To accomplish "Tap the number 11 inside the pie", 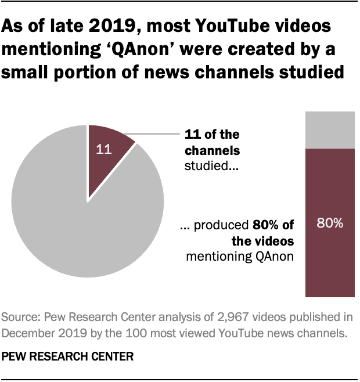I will click(x=103, y=149).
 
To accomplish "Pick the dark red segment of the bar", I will click(x=329, y=255).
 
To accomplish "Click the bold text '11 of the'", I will click(x=211, y=135).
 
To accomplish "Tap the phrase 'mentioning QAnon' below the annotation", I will click(x=240, y=255).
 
